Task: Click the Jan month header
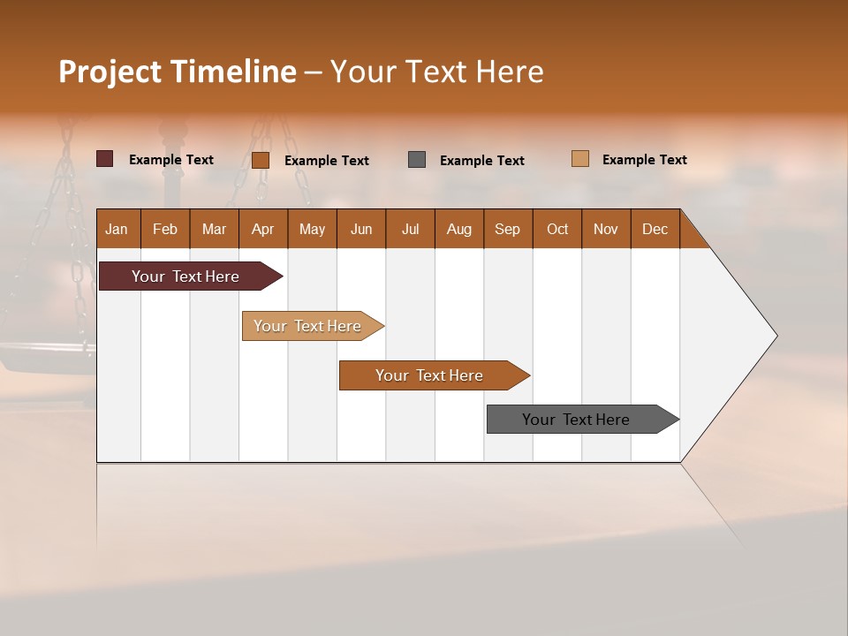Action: point(117,229)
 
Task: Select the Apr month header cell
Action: point(262,229)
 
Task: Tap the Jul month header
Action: point(410,229)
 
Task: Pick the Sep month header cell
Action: point(507,229)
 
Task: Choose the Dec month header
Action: point(655,229)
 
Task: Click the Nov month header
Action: point(605,229)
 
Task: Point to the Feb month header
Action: point(165,229)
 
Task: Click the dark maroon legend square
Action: point(104,159)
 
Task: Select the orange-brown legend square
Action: point(260,160)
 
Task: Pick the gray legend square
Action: point(417,159)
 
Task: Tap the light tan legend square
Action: point(580,159)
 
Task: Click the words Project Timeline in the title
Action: point(177,72)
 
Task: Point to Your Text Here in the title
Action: point(437,72)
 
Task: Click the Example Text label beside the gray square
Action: point(481,161)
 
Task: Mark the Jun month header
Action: point(360,229)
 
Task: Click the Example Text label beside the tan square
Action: point(644,160)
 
